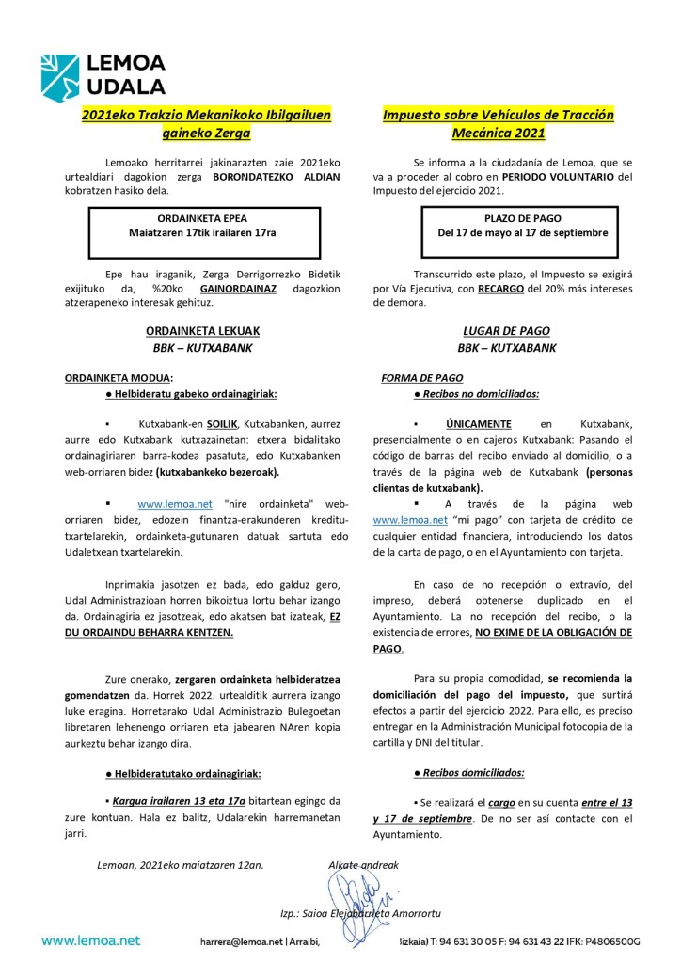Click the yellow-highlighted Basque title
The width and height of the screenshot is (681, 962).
(206, 124)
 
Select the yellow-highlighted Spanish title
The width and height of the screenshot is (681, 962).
(498, 124)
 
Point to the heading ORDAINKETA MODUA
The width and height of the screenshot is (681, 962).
(119, 378)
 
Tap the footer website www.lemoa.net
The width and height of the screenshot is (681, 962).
(90, 939)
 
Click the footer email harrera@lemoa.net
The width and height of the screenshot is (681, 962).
(240, 940)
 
